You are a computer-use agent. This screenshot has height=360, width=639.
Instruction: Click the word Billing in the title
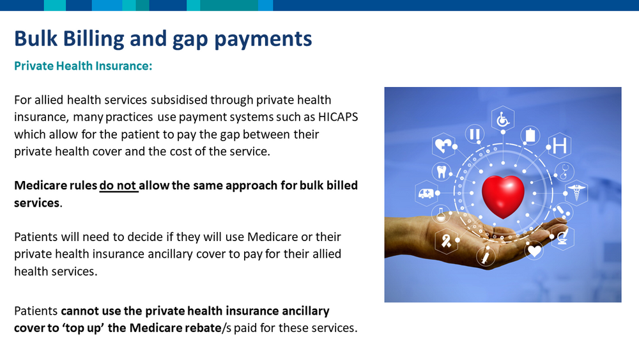coord(93,39)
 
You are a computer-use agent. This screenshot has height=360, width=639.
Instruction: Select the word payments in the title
coord(263,40)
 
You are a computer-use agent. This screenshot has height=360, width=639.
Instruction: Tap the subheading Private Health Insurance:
coord(83,66)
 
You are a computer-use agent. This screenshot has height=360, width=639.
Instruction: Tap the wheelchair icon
coord(503,120)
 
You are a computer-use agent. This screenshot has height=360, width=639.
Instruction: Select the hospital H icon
coord(560,146)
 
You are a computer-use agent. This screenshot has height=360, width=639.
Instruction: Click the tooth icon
coord(442,171)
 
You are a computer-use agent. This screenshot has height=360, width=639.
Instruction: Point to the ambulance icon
coord(426,193)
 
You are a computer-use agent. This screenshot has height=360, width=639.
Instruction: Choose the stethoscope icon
coord(564,171)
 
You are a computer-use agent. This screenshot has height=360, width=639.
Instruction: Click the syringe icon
coord(486,257)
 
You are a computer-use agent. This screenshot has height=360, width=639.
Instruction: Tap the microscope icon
coord(563,237)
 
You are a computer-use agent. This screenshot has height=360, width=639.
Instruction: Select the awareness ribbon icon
coord(446,240)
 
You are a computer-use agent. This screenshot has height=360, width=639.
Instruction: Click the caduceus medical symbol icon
coord(576,192)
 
